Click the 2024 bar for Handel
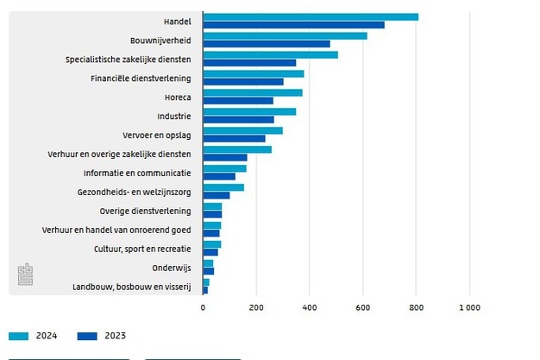(x=311, y=16)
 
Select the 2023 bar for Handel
(x=293, y=24)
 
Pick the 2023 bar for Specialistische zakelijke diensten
(x=249, y=62)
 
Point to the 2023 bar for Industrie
(x=238, y=119)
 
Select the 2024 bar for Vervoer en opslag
(x=242, y=130)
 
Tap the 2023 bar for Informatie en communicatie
(x=219, y=176)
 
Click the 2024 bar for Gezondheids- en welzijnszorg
(x=223, y=187)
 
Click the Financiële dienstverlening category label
(x=141, y=78)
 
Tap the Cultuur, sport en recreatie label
(x=142, y=249)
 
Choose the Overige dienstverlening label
(x=145, y=211)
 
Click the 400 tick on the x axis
(x=310, y=306)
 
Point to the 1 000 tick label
(x=469, y=306)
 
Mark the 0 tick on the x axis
(x=203, y=306)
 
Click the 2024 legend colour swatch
(x=19, y=336)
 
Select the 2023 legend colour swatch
(x=87, y=336)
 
